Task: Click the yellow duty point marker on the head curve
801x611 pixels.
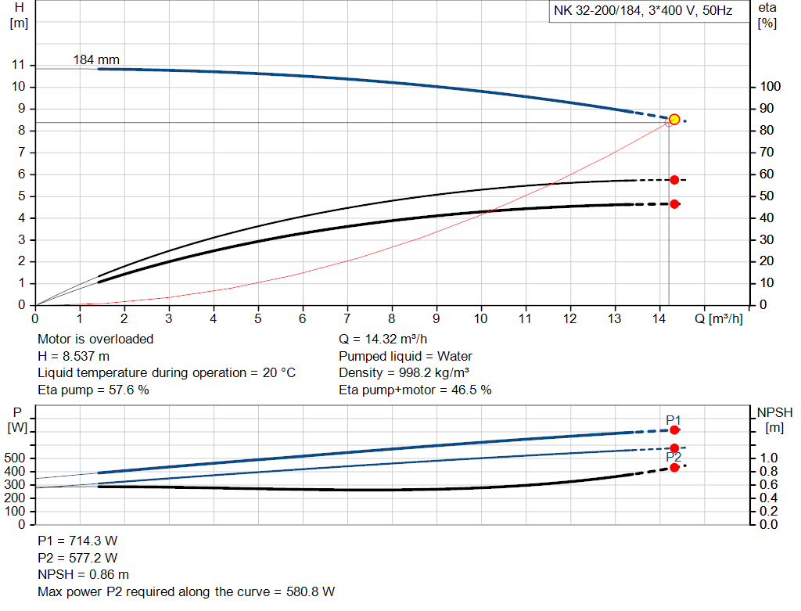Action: coord(674,120)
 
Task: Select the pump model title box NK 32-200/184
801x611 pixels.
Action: coord(643,13)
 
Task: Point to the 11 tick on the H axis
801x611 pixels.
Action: coord(20,64)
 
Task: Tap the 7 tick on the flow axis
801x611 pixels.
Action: coord(347,318)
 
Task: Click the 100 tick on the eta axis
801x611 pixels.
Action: coord(769,86)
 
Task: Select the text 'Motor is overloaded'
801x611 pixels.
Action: coord(95,339)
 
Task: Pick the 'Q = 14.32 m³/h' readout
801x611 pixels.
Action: coord(383,339)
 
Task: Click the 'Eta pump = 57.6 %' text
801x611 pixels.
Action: coord(93,390)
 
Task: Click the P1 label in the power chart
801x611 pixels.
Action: coord(673,420)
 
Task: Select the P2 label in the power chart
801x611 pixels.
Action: coord(673,457)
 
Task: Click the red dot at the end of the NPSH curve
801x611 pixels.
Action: coord(674,467)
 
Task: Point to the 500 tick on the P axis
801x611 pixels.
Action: coord(17,458)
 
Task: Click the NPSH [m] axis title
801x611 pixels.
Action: coord(774,419)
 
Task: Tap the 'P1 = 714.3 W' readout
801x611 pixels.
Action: coord(77,541)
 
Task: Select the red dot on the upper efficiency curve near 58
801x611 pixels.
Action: coord(674,180)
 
